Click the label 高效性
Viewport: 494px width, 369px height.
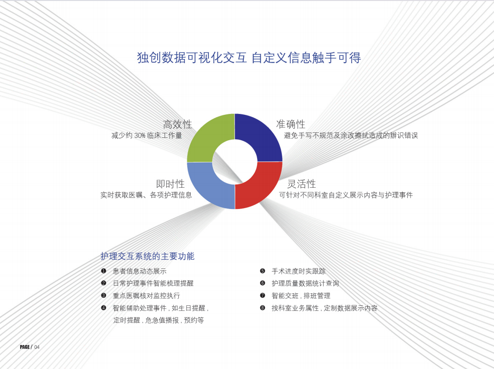[177, 124]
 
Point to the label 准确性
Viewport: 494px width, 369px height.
[291, 124]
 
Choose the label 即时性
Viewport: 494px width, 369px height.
[171, 184]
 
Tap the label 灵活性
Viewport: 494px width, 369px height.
[301, 184]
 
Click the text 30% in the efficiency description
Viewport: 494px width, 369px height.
[140, 136]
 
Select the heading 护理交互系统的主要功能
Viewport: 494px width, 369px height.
[147, 256]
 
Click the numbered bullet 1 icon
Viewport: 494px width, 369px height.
[103, 271]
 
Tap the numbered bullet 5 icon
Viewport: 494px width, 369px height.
[263, 271]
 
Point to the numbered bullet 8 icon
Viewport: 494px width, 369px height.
[263, 308]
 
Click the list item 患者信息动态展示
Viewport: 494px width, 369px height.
[140, 271]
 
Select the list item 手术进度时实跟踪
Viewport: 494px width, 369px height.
[299, 271]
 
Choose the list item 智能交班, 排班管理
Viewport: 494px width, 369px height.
[301, 296]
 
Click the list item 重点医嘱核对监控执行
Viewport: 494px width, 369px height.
[147, 296]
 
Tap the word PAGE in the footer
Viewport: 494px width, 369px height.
[24, 347]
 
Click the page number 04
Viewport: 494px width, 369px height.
[37, 347]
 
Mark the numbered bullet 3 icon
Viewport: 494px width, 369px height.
[103, 296]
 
